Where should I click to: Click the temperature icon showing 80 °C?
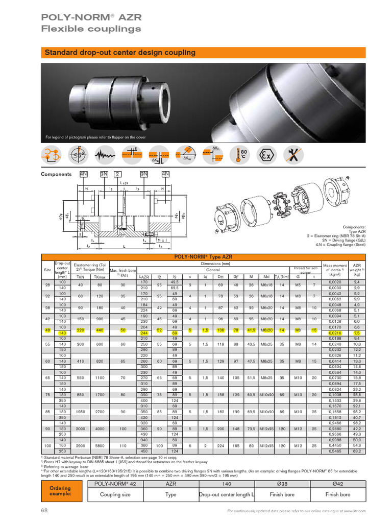point(241,155)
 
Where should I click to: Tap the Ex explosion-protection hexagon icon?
point(266,155)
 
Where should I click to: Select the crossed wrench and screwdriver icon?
point(293,155)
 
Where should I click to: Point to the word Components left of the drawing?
point(56,174)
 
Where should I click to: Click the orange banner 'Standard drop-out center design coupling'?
point(120,53)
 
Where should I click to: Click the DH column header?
point(221,276)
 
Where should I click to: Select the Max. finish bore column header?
point(121,273)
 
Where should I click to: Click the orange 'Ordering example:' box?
point(60,490)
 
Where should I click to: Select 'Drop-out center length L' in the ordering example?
point(226,494)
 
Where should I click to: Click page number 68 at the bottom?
point(44,510)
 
